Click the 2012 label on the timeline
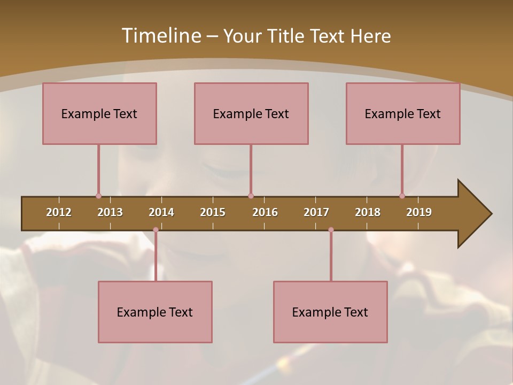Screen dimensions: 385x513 (59, 212)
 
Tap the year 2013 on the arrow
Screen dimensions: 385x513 (110, 212)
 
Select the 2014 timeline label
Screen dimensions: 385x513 (161, 212)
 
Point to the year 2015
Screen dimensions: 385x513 (213, 212)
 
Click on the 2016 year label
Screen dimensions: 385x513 (265, 212)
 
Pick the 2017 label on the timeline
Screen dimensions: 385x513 (316, 212)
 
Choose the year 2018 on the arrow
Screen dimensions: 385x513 (368, 212)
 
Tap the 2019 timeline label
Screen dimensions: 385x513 (419, 212)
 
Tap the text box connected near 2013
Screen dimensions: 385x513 (99, 113)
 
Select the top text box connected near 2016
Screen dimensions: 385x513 (251, 113)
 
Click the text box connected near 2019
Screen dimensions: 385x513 (403, 113)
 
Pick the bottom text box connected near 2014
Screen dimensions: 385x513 (155, 312)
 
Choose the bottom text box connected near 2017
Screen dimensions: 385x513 (330, 312)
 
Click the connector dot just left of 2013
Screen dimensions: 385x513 (98, 196)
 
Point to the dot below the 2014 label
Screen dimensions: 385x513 (156, 230)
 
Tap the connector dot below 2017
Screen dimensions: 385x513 (331, 230)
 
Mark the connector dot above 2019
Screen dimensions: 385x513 (402, 196)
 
